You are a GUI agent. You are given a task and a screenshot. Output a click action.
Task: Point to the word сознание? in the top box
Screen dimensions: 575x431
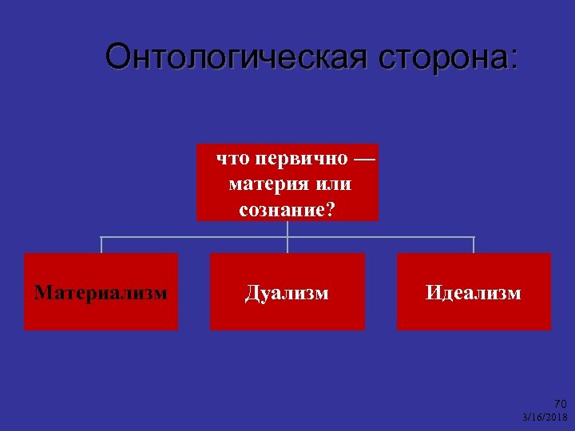coord(287,210)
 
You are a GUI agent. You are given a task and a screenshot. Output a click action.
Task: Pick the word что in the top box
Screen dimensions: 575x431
coord(232,158)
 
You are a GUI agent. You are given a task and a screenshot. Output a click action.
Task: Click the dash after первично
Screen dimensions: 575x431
coord(362,158)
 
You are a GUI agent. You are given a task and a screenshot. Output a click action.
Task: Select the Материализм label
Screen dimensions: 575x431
coord(101,292)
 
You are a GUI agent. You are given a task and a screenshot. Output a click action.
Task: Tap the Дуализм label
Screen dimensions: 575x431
coord(287,293)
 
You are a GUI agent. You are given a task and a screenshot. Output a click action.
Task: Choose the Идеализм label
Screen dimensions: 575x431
coord(474,293)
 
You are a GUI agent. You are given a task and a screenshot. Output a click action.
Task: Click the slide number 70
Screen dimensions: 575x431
coord(560,404)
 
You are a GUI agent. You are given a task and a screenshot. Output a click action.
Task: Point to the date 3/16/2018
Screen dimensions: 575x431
coord(545,417)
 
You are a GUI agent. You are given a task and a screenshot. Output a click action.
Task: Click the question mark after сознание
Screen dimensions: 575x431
coord(331,210)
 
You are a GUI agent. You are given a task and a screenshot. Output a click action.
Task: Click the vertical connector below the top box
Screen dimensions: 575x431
coord(287,229)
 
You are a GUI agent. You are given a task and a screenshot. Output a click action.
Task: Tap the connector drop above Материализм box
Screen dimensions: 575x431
coord(101,245)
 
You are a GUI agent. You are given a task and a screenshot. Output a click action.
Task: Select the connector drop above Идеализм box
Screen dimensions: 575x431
coord(474,245)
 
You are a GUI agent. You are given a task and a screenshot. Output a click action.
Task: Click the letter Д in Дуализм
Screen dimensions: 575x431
coord(252,294)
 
